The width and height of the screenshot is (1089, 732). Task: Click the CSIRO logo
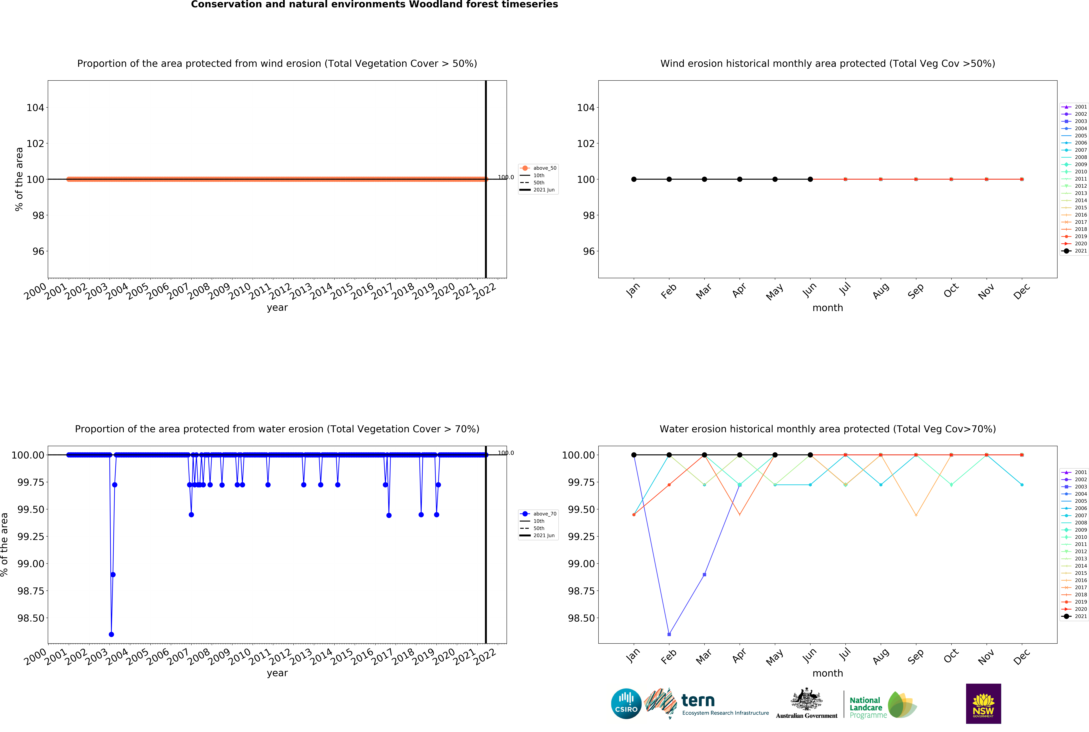[x=626, y=703]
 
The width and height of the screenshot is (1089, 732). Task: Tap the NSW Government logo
[x=983, y=703]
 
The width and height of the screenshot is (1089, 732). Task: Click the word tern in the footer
[x=698, y=700]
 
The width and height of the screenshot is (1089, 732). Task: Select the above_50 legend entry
[x=538, y=168]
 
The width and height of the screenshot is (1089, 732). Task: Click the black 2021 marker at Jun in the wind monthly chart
[x=810, y=179]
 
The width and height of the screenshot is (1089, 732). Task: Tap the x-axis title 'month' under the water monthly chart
[x=828, y=673]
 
